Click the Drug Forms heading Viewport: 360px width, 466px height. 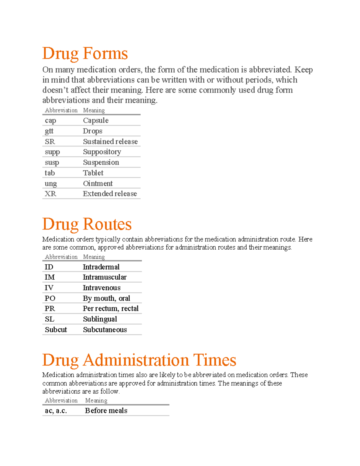(x=85, y=54)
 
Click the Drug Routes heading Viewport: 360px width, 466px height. (x=87, y=224)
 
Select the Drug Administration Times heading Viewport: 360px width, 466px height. (x=139, y=360)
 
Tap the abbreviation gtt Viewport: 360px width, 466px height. (x=49, y=131)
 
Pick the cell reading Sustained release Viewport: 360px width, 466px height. (x=110, y=141)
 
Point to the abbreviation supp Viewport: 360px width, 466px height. (x=52, y=152)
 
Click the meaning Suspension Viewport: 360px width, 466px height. (x=101, y=162)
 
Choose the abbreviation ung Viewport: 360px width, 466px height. (x=51, y=183)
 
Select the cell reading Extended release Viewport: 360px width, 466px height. (x=110, y=194)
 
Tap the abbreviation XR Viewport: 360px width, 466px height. (x=50, y=194)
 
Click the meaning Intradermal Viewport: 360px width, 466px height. (x=101, y=267)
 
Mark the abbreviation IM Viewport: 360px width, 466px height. (x=50, y=277)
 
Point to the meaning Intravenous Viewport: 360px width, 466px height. (x=102, y=287)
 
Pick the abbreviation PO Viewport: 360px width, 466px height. (x=50, y=298)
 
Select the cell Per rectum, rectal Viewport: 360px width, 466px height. (x=111, y=308)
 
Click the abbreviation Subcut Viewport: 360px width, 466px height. (x=56, y=329)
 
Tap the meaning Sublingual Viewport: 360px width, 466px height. (x=100, y=319)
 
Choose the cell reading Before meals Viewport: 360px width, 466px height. (x=106, y=410)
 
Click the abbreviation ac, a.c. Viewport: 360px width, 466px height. (x=56, y=410)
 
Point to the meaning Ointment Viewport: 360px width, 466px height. (x=98, y=183)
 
